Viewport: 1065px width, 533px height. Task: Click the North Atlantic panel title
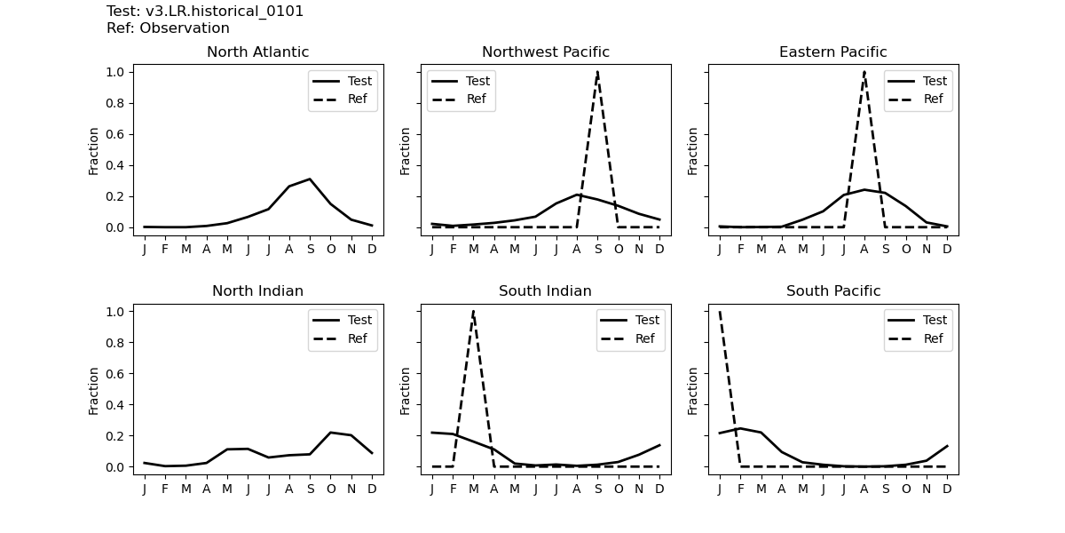(x=257, y=52)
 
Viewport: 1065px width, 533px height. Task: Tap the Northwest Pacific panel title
(x=545, y=52)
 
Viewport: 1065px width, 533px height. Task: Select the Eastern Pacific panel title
(x=832, y=52)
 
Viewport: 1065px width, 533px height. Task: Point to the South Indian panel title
(x=545, y=291)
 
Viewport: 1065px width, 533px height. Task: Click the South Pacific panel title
(x=832, y=291)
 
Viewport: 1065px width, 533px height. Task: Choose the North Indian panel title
(x=257, y=291)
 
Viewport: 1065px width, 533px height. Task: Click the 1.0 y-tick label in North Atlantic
(x=115, y=72)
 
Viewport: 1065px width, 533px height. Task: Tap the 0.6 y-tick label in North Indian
(x=115, y=374)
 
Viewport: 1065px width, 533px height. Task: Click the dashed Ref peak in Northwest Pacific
(x=597, y=72)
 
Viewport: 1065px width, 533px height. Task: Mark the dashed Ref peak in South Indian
(x=473, y=312)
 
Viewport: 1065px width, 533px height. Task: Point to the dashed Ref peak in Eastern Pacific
(x=864, y=72)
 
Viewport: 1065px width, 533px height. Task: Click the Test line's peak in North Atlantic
(x=310, y=179)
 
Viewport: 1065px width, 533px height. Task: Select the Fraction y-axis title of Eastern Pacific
(x=693, y=151)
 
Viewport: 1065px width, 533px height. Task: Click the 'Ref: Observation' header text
(x=168, y=28)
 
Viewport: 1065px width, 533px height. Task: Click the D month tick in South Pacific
(x=947, y=487)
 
